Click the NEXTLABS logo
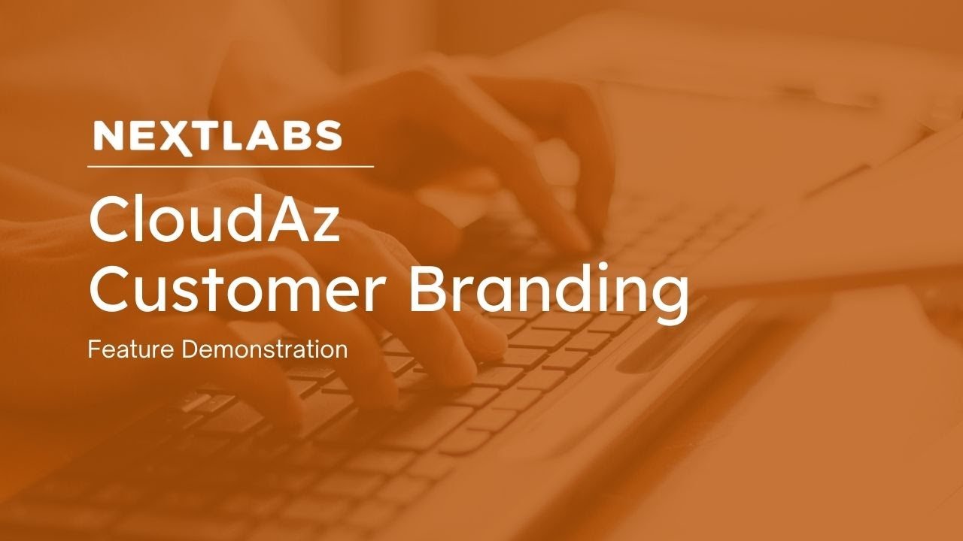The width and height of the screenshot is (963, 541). coord(217,136)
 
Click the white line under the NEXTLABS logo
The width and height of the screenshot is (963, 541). coord(230,166)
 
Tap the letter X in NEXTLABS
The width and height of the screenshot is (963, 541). coord(178,137)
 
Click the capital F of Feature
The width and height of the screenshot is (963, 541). coord(92,349)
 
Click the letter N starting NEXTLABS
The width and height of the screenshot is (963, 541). coord(105,136)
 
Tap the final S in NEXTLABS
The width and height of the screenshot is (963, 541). coord(329,136)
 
